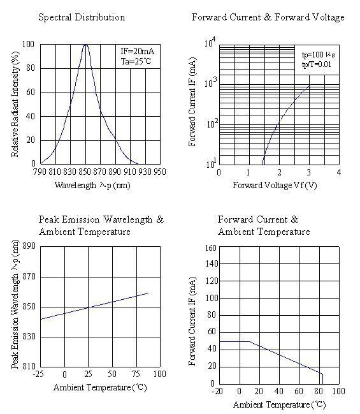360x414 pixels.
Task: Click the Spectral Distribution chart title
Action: (x=82, y=17)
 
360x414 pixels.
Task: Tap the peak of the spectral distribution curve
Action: (x=85, y=45)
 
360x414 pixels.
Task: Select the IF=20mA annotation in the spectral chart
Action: (x=137, y=51)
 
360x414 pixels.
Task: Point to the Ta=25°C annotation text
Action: (x=136, y=61)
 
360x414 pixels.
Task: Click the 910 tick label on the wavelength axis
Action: (x=130, y=172)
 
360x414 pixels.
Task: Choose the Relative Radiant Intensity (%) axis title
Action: (x=15, y=104)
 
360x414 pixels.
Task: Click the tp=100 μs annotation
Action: (x=319, y=55)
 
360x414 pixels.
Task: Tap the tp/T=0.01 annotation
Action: (x=317, y=64)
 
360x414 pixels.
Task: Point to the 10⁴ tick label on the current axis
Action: (x=210, y=42)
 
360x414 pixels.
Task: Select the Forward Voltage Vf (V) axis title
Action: (x=275, y=185)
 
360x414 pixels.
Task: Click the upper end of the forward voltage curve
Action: (x=310, y=84)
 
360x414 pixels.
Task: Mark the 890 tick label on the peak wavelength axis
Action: (x=29, y=246)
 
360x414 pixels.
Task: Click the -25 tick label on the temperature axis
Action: (x=38, y=374)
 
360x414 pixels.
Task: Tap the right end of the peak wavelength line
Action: (x=148, y=293)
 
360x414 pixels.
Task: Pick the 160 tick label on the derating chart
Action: (x=210, y=248)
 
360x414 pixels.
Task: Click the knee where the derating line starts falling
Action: (x=250, y=341)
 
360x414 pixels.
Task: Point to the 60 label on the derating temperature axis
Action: (x=298, y=391)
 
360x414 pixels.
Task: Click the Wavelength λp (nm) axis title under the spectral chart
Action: (x=92, y=186)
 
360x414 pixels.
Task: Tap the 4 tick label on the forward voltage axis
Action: (x=339, y=172)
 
